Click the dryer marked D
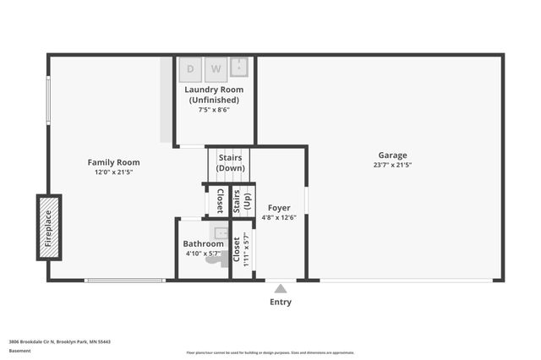190,68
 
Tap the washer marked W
216,68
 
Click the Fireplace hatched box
49,227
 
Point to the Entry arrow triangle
281,288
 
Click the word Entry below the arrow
281,302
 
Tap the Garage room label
392,155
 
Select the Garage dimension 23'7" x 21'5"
392,166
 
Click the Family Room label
113,162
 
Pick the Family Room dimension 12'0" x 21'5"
113,172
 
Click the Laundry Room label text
214,95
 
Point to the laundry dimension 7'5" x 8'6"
214,110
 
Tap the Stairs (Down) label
231,162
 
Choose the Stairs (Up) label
247,201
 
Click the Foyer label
279,208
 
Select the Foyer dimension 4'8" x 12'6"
279,217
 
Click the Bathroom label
202,244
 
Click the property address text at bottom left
60,341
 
